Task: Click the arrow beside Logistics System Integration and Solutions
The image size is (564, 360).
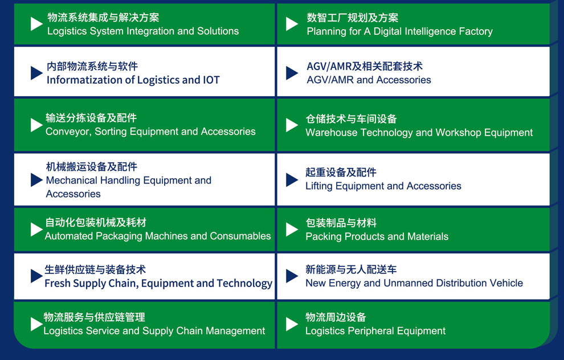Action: click(x=36, y=24)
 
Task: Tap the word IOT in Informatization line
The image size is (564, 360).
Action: click(x=211, y=80)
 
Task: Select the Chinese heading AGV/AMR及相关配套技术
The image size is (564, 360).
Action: click(x=365, y=66)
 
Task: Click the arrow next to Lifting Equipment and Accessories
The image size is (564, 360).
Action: click(x=292, y=180)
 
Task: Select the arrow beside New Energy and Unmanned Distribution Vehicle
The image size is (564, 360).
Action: click(x=292, y=276)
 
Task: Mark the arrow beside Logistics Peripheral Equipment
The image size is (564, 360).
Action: click(x=292, y=324)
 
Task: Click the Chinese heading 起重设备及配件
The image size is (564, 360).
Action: click(x=341, y=172)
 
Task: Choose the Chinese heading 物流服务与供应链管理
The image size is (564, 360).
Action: click(x=94, y=317)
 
